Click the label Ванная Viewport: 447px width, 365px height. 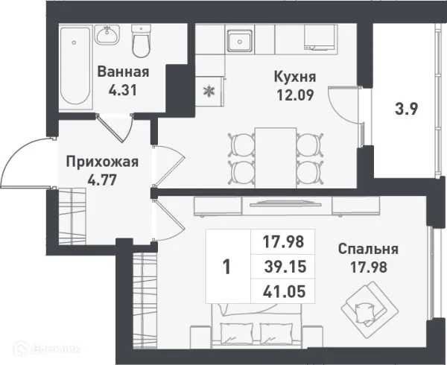click(x=124, y=72)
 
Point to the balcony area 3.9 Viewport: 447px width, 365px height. click(x=405, y=108)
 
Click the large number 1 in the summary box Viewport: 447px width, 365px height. click(x=228, y=266)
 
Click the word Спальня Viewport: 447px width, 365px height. click(x=367, y=250)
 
